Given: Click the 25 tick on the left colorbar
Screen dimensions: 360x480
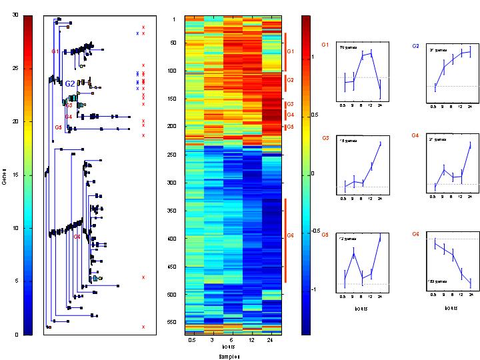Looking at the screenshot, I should tap(15, 68).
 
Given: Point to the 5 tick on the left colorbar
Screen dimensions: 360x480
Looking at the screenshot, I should tap(15, 281).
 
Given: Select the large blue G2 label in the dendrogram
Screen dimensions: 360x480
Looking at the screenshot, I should tap(70, 84).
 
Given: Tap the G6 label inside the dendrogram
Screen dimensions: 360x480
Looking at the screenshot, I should tap(77, 237).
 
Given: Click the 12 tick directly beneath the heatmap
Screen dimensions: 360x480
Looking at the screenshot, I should tap(252, 340).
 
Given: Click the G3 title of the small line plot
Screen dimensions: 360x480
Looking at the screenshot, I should tap(325, 137).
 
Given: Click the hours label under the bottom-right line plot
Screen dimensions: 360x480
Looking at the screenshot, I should tap(449, 309).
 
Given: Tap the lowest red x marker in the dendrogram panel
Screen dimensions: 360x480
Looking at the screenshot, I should tap(143, 327).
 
